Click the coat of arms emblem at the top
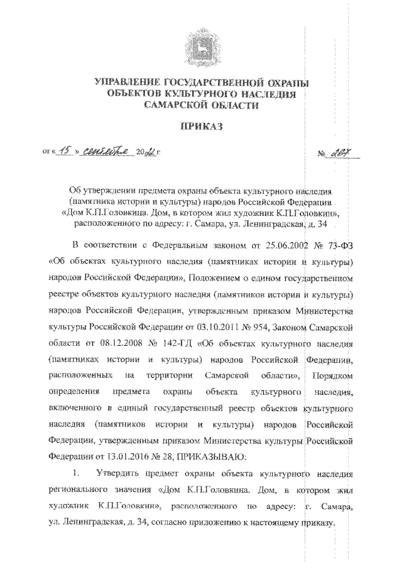201,46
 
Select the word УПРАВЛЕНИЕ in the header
126,82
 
